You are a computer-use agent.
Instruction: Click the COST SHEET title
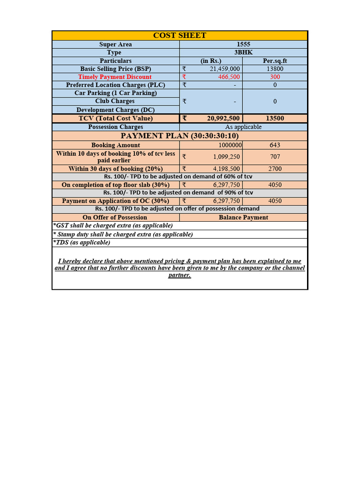(x=180, y=36)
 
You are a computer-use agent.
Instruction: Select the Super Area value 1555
(x=243, y=45)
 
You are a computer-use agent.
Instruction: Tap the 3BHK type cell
(x=243, y=52)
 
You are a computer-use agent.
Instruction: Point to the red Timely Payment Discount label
(x=115, y=77)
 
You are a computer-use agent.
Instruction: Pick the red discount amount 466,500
(x=229, y=77)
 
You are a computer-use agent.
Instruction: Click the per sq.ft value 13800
(x=275, y=69)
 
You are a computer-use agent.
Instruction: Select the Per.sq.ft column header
(x=275, y=61)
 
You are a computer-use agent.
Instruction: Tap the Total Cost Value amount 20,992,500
(x=223, y=119)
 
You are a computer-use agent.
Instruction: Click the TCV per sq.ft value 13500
(x=275, y=119)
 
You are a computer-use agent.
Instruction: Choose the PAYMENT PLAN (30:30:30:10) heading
(x=180, y=136)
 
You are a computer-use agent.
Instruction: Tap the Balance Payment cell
(x=243, y=217)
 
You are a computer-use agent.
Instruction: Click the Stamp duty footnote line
(x=123, y=234)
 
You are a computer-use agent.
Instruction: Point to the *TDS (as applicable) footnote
(x=82, y=242)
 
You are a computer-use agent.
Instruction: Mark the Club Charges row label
(x=115, y=101)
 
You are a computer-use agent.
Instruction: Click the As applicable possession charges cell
(x=243, y=127)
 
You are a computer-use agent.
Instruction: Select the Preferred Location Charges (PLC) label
(x=115, y=85)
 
